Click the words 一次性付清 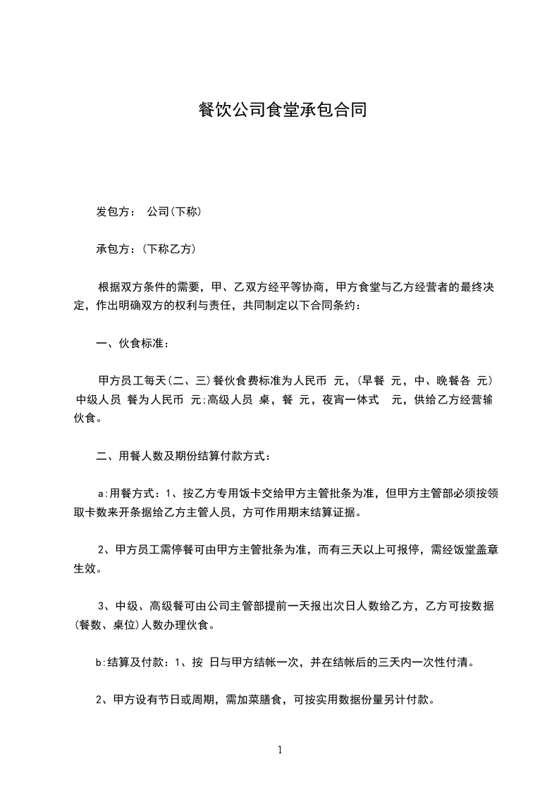tap(445, 663)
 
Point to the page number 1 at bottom tap(280, 750)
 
